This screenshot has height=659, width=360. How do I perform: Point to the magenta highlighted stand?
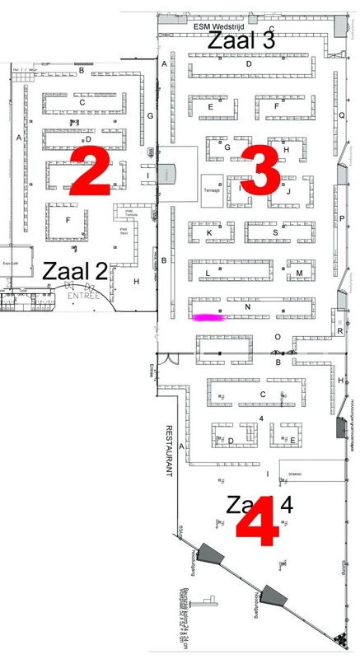(x=209, y=316)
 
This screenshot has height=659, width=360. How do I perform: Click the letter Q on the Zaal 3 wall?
(x=342, y=115)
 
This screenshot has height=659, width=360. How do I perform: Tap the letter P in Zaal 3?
(x=341, y=218)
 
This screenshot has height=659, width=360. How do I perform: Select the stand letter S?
(x=275, y=232)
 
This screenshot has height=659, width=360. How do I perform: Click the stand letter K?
(x=209, y=233)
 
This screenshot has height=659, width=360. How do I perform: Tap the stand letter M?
(x=299, y=273)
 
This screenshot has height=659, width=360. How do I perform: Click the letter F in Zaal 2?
(x=68, y=219)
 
